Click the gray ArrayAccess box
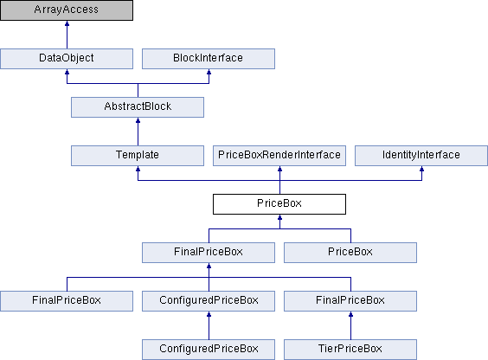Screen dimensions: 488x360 pyautogui.click(x=67, y=10)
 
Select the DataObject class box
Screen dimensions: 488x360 pyautogui.click(x=67, y=59)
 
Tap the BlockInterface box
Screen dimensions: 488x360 pyautogui.click(x=209, y=59)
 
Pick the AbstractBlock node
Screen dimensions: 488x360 pyautogui.click(x=138, y=107)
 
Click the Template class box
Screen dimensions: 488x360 pyautogui.click(x=138, y=156)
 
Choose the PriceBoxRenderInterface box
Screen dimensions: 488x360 pyautogui.click(x=279, y=156)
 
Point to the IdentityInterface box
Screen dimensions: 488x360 pyautogui.click(x=421, y=156)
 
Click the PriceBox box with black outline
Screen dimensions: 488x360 pyautogui.click(x=279, y=204)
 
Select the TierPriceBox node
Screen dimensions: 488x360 pyautogui.click(x=350, y=350)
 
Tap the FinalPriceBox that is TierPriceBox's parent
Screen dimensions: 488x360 pyautogui.click(x=350, y=301)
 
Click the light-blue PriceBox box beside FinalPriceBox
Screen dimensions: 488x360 pyautogui.click(x=350, y=253)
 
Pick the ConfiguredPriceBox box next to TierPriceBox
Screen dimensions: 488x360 pyautogui.click(x=209, y=350)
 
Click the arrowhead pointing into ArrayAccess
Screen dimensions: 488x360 pyautogui.click(x=67, y=23)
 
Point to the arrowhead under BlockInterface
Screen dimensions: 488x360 pyautogui.click(x=209, y=72)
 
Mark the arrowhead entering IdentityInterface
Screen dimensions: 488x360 pyautogui.click(x=421, y=169)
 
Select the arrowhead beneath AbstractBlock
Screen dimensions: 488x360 pyautogui.click(x=138, y=121)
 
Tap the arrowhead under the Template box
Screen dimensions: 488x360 pyautogui.click(x=138, y=169)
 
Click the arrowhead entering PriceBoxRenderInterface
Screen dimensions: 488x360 pyautogui.click(x=279, y=169)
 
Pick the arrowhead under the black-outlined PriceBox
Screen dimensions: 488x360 pyautogui.click(x=279, y=217)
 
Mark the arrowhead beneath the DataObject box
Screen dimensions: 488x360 pyautogui.click(x=67, y=72)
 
